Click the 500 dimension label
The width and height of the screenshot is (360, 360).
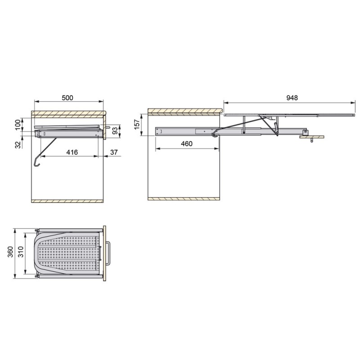tap(67, 98)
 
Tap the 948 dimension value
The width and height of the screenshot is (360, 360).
tap(292, 98)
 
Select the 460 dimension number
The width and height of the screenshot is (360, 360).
tap(187, 144)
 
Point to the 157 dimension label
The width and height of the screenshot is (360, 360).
tap(137, 125)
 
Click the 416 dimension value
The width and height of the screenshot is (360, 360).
tap(72, 152)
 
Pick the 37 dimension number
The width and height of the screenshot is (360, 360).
tap(114, 152)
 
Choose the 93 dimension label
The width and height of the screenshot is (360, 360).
tap(115, 131)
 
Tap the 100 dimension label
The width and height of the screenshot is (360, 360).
tap(18, 125)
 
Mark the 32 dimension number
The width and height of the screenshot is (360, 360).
tap(18, 144)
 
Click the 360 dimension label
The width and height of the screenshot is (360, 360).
tap(10, 252)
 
